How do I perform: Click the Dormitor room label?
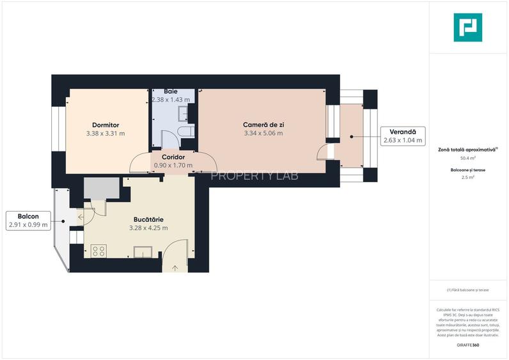tap(106, 125)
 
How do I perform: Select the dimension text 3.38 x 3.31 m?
tap(106, 134)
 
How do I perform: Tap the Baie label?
tap(170, 91)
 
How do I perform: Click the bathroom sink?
tap(184, 113)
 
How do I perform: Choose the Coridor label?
tap(173, 157)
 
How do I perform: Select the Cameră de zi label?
tap(263, 125)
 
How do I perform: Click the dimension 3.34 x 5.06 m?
tap(263, 134)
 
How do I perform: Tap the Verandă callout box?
tap(403, 136)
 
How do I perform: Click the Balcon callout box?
tap(27, 221)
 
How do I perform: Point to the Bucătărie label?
tap(148, 219)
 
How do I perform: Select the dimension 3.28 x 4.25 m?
tap(148, 228)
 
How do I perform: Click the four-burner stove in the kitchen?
tap(98, 251)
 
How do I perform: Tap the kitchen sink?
tap(141, 251)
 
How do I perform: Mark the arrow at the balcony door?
tap(80, 218)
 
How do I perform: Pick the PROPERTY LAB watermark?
tap(254, 176)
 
